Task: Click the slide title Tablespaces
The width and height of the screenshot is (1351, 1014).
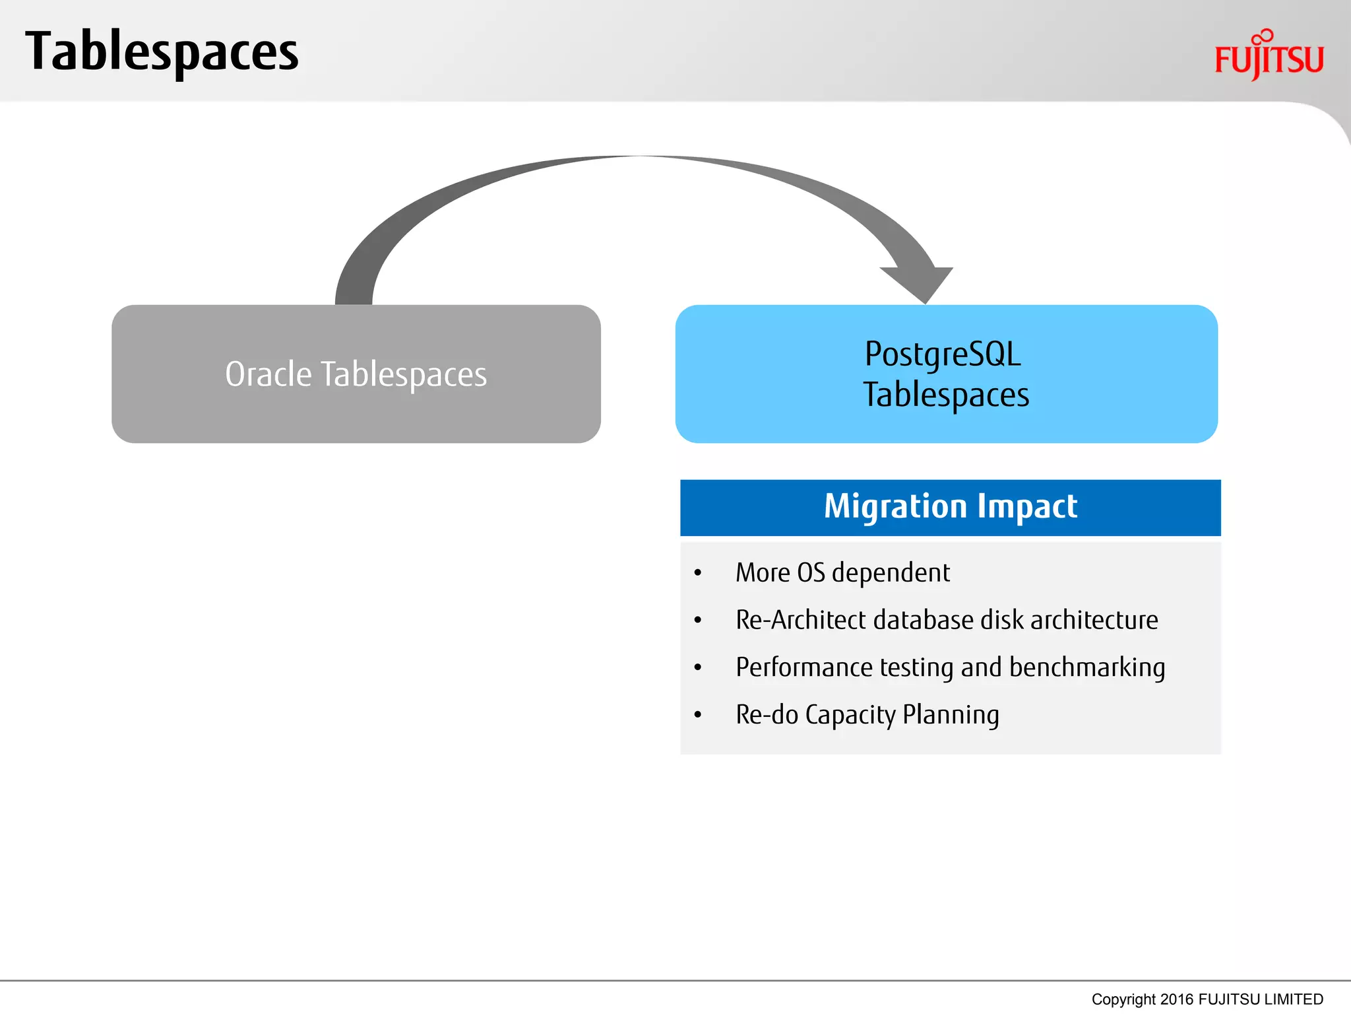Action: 162,53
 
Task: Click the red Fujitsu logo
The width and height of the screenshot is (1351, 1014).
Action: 1269,57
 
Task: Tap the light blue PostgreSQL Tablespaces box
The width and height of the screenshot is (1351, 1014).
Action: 946,422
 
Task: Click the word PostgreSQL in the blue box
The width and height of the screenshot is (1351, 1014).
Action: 943,354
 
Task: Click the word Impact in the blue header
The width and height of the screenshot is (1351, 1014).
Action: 1027,506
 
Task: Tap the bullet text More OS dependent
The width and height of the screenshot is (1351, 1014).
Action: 842,572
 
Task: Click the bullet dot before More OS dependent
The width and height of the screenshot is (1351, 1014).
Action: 698,573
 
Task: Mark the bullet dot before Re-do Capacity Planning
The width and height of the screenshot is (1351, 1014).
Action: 698,715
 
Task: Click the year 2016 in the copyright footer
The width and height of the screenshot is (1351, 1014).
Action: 1177,999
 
